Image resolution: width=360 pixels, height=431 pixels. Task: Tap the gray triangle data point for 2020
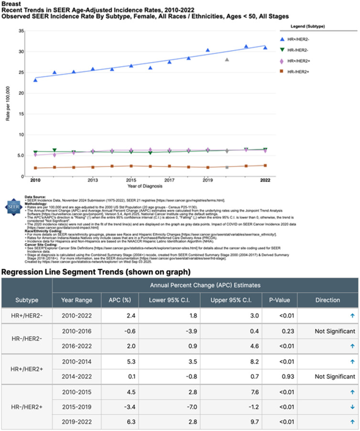coord(227,60)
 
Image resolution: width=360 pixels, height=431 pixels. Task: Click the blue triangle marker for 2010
coord(35,80)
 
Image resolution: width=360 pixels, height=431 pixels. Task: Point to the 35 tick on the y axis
coord(21,31)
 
